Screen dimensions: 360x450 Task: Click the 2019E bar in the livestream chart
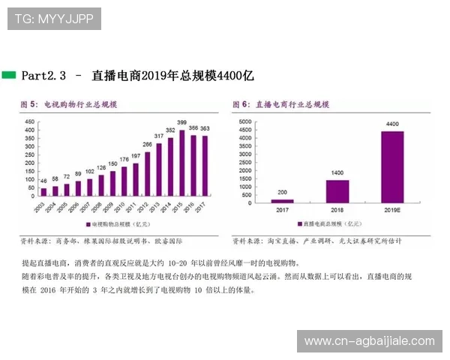392,167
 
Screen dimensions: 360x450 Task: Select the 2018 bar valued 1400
337,191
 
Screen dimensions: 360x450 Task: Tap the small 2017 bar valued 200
282,200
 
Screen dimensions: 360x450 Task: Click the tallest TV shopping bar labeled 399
181,163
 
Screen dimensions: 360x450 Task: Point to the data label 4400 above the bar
392,123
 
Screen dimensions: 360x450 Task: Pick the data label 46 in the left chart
43,180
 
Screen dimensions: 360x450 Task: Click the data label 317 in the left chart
159,136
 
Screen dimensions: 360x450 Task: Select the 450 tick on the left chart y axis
29,122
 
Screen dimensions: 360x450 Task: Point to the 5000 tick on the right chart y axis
244,122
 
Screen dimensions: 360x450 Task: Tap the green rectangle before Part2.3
9,75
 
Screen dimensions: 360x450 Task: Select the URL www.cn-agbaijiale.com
369,341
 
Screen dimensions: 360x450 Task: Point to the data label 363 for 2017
204,128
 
